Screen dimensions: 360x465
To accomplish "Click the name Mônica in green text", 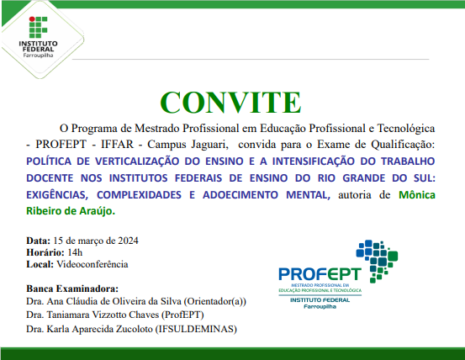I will pos(415,195).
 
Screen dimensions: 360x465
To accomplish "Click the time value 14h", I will pos(76,252).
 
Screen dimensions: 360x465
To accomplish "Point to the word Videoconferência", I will pos(92,264).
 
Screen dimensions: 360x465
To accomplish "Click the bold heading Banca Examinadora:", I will pos(71,288).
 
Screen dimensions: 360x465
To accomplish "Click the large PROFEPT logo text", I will pos(319,273).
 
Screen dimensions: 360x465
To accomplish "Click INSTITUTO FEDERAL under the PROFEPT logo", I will pos(320,300).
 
